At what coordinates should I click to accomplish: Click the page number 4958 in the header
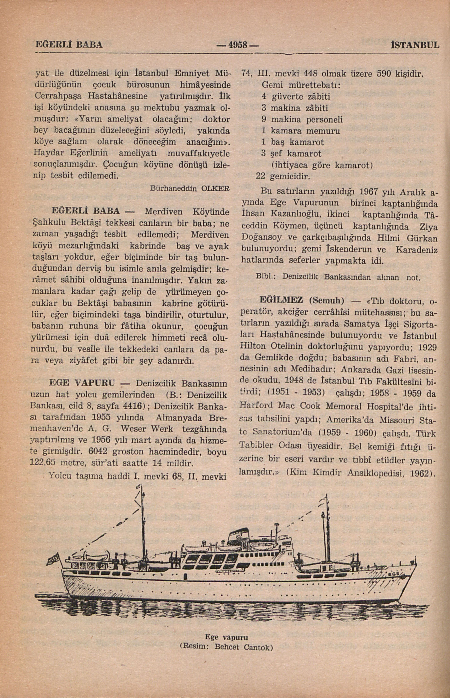[x=237, y=45]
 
